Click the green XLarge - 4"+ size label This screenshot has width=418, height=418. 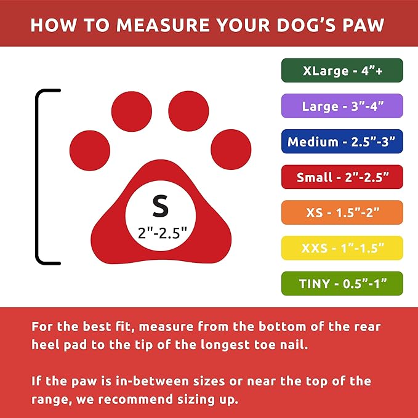pyautogui.click(x=342, y=70)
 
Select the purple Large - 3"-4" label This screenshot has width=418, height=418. pyautogui.click(x=342, y=106)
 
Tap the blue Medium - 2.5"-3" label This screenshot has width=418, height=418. pyautogui.click(x=342, y=142)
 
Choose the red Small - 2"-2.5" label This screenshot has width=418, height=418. pyautogui.click(x=342, y=177)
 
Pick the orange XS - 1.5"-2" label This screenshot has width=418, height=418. pyautogui.click(x=342, y=212)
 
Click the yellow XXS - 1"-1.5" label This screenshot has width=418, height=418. pyautogui.click(x=342, y=248)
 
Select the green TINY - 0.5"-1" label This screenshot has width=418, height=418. pyautogui.click(x=342, y=284)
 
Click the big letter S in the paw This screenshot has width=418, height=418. pyautogui.click(x=160, y=206)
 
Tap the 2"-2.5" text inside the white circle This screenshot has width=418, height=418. pyautogui.click(x=160, y=233)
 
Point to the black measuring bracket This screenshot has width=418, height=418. pyautogui.click(x=38, y=177)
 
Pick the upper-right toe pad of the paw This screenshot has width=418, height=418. pyautogui.click(x=188, y=109)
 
